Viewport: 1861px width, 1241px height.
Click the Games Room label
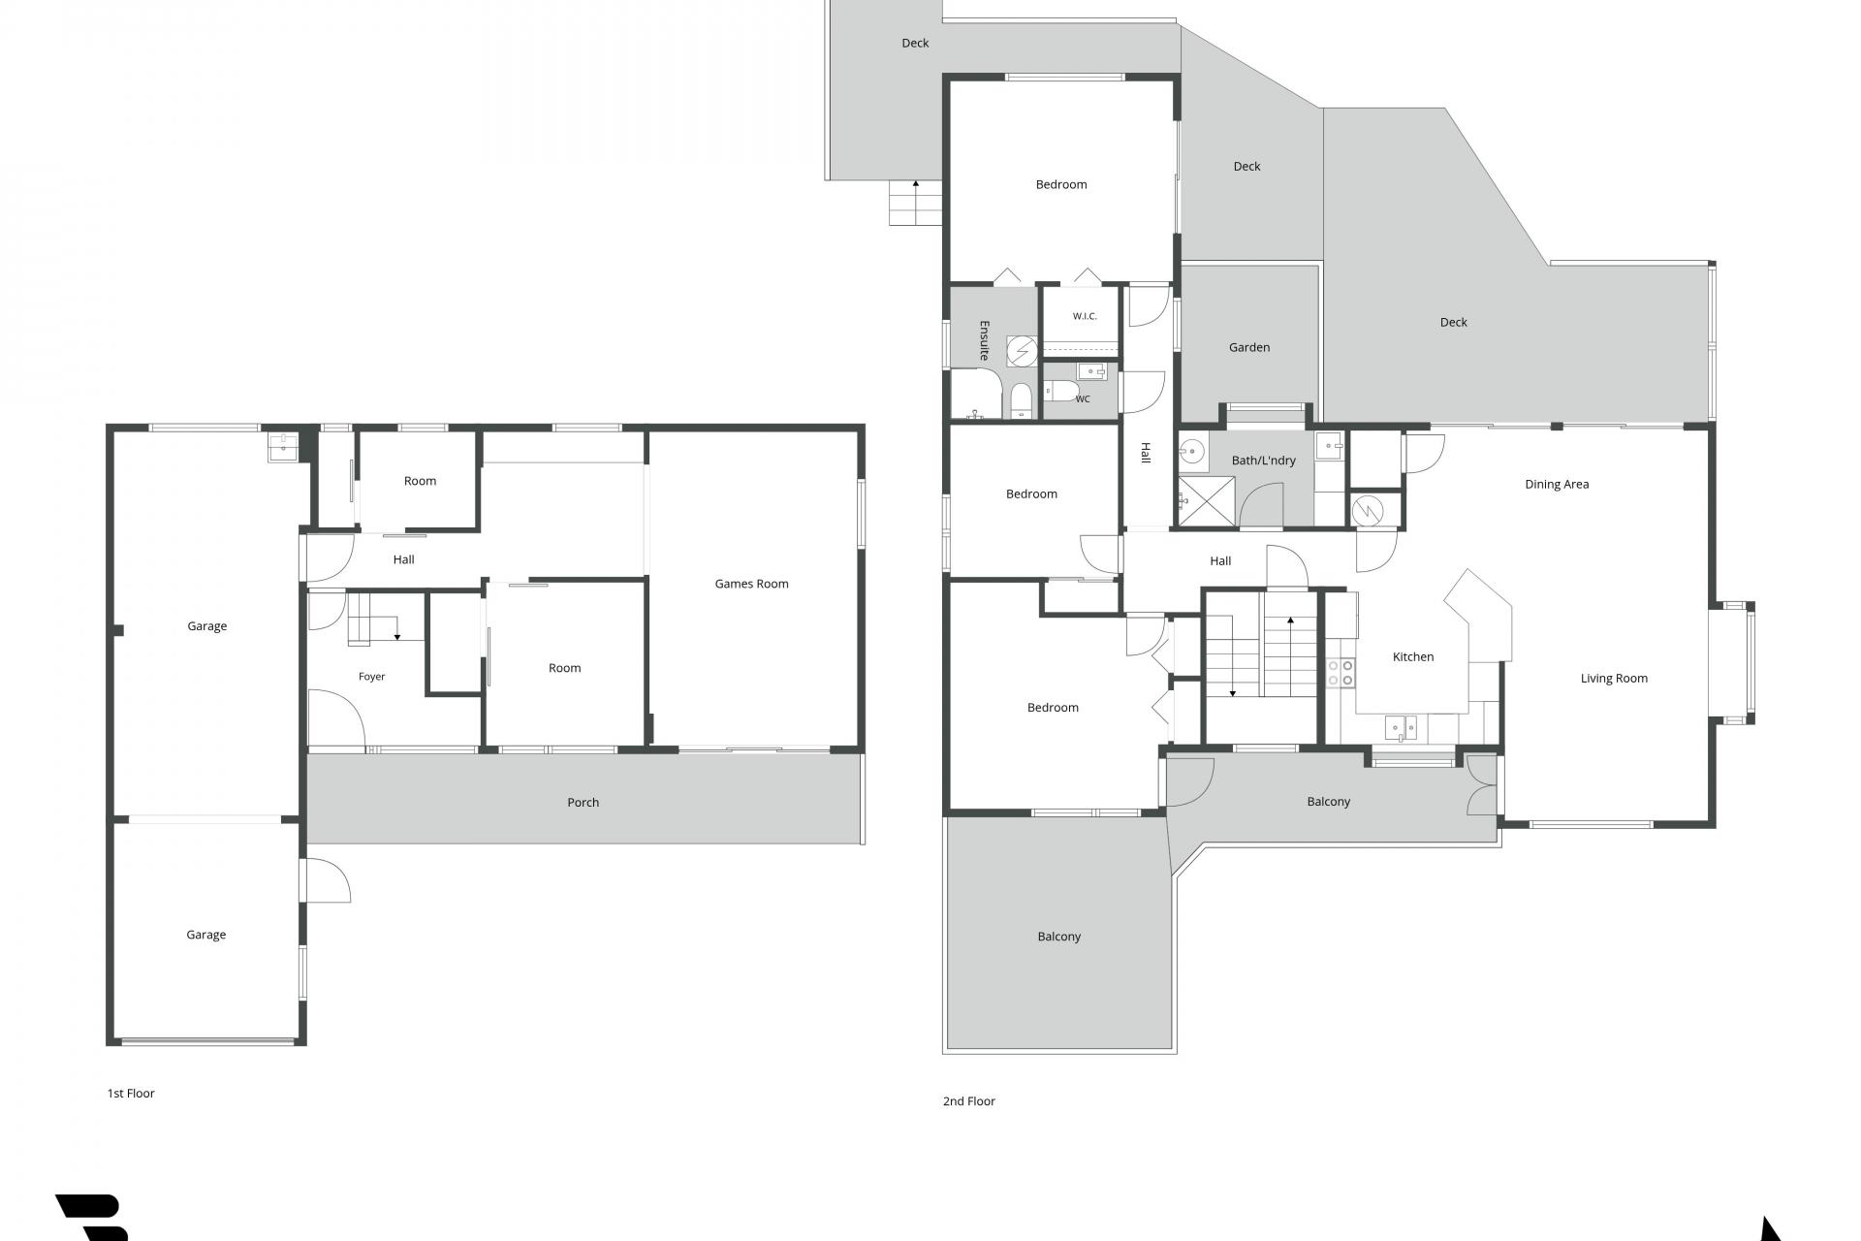click(x=751, y=584)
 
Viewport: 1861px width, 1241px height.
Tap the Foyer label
click(x=371, y=677)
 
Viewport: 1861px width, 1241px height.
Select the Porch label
click(x=583, y=802)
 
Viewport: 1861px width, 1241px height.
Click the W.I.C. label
click(x=1085, y=316)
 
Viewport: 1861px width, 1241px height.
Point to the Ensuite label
click(x=984, y=340)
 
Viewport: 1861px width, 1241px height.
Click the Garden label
click(x=1249, y=347)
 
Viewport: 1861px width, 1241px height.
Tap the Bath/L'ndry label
click(x=1263, y=461)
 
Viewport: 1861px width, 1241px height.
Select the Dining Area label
click(x=1557, y=484)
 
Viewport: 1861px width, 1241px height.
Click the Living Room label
click(x=1614, y=678)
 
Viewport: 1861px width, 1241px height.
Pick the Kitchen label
click(x=1412, y=656)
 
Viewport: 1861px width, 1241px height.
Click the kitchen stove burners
click(x=1341, y=673)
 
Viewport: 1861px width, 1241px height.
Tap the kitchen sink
click(x=1401, y=727)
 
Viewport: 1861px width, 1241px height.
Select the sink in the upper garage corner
click(x=283, y=447)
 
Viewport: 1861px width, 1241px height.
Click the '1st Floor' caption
click(x=131, y=1093)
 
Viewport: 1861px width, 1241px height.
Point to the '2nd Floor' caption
click(x=969, y=1100)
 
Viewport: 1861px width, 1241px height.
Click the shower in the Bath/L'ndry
click(x=1207, y=502)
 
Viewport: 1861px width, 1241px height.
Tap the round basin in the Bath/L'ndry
click(x=1192, y=450)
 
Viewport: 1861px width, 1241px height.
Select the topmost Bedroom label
click(x=1061, y=184)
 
